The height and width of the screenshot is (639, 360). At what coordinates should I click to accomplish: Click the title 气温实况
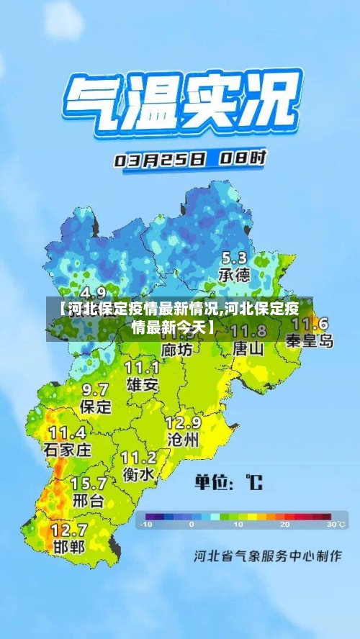[x=181, y=104]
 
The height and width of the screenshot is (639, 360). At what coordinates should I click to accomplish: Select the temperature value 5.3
[x=234, y=258]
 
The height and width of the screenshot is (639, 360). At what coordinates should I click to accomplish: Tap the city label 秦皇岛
[x=310, y=341]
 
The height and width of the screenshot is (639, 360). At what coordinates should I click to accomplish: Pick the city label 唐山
[x=248, y=348]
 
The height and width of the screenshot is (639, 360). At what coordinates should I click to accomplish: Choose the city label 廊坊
[x=177, y=350]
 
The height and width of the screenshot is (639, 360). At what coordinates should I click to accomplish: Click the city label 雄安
[x=142, y=384]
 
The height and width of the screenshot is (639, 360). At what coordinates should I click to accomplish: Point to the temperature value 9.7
[x=95, y=389]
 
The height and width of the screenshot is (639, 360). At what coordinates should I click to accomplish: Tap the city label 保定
[x=95, y=407]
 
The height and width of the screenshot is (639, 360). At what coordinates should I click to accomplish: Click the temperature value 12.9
[x=183, y=422]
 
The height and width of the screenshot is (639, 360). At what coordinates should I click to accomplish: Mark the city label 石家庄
[x=68, y=450]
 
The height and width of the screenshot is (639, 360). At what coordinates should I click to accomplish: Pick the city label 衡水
[x=138, y=475]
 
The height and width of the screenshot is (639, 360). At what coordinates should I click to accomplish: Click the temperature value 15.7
[x=88, y=483]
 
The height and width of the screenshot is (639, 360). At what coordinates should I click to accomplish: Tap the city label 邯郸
[x=68, y=546]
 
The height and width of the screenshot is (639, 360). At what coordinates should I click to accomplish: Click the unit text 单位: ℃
[x=228, y=481]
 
